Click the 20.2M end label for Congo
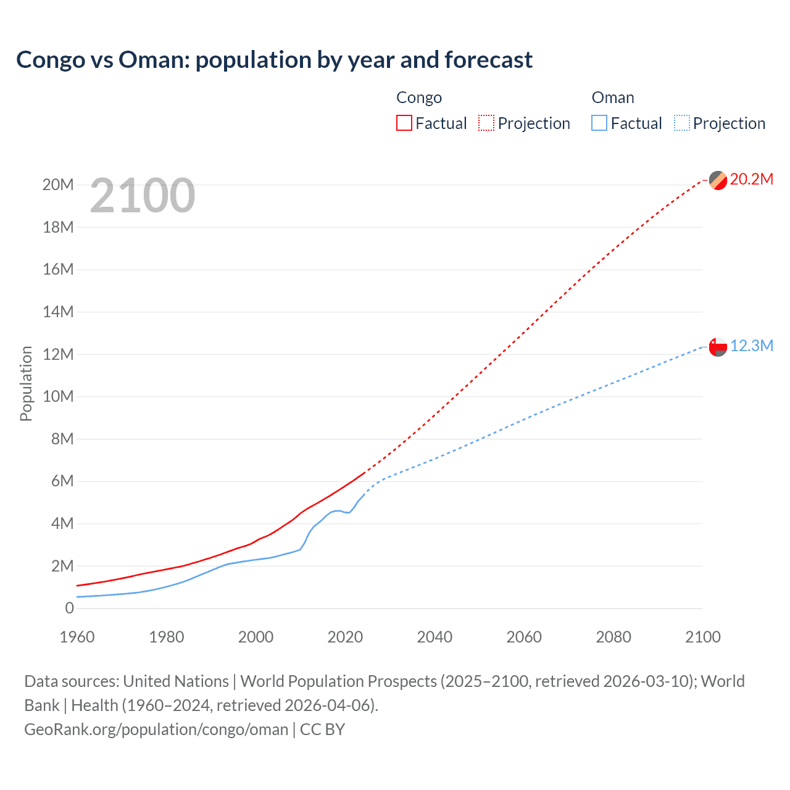[751, 180]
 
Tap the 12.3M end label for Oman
[752, 346]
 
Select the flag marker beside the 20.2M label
[718, 180]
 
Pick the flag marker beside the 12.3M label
[718, 347]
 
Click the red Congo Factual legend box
[404, 123]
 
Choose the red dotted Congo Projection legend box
[486, 123]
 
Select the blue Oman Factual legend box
[599, 123]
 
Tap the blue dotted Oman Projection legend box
[681, 123]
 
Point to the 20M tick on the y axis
[58, 185]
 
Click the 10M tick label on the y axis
[58, 396]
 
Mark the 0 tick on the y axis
[69, 608]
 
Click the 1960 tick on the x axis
[77, 637]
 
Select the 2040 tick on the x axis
[434, 637]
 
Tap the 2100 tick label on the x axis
[702, 637]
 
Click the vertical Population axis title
[26, 383]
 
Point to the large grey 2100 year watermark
[143, 196]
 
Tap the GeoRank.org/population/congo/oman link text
[156, 730]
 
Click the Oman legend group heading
[613, 98]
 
